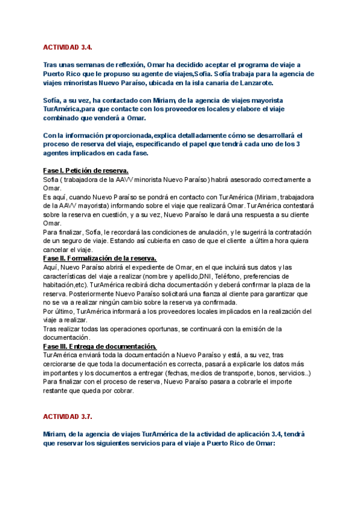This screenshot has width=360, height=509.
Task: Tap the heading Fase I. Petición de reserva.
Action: tap(86, 171)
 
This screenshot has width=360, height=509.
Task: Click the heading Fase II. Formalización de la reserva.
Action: tap(100, 258)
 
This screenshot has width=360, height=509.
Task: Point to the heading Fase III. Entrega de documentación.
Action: tap(91, 346)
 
